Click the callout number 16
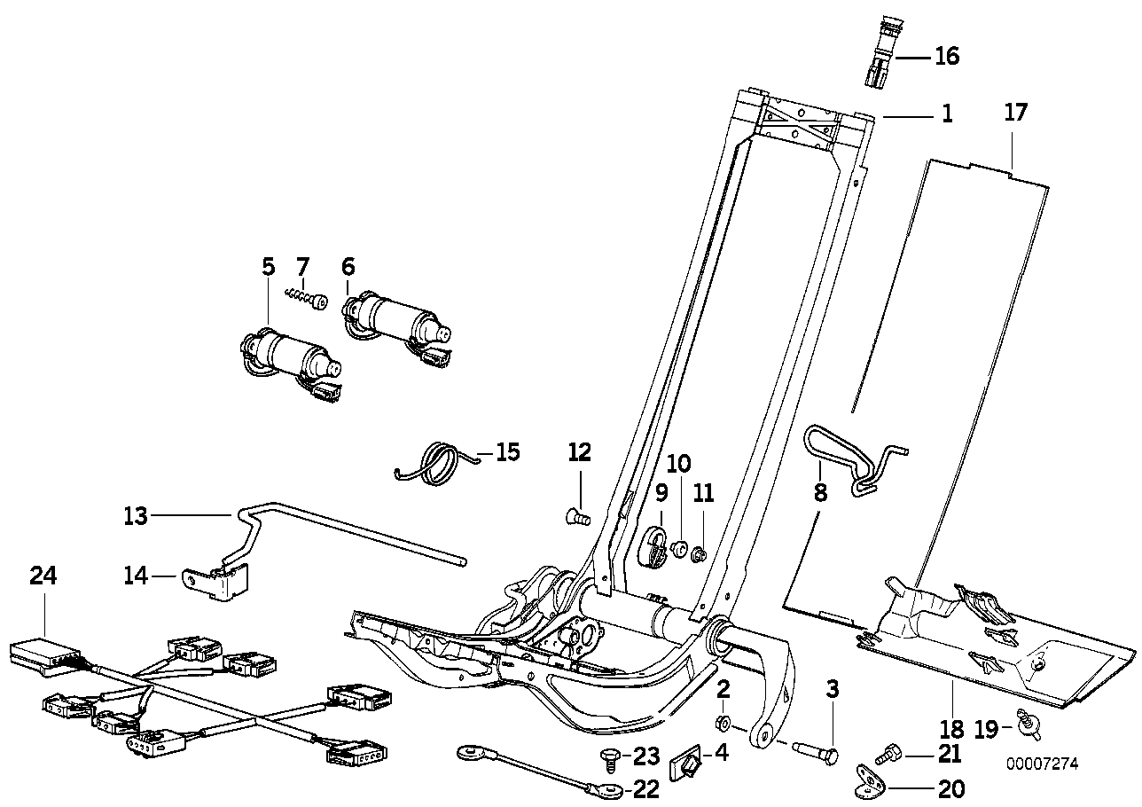tap(946, 57)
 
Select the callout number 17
tap(1015, 113)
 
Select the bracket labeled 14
tap(217, 580)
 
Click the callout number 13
tap(136, 513)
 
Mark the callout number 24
tap(43, 576)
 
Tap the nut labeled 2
tap(722, 720)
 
